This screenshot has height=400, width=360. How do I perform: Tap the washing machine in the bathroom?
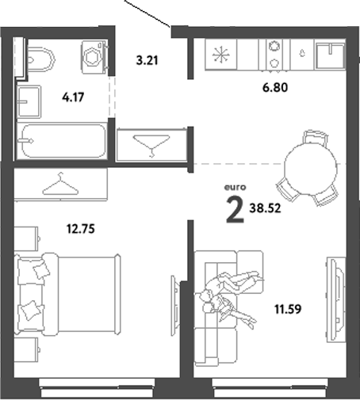click(x=94, y=57)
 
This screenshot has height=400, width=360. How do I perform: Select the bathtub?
click(x=62, y=143)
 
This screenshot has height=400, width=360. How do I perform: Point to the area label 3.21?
click(x=147, y=59)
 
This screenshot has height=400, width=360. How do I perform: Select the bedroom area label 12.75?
click(x=79, y=230)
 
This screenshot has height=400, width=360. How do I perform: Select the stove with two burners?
click(x=276, y=54)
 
